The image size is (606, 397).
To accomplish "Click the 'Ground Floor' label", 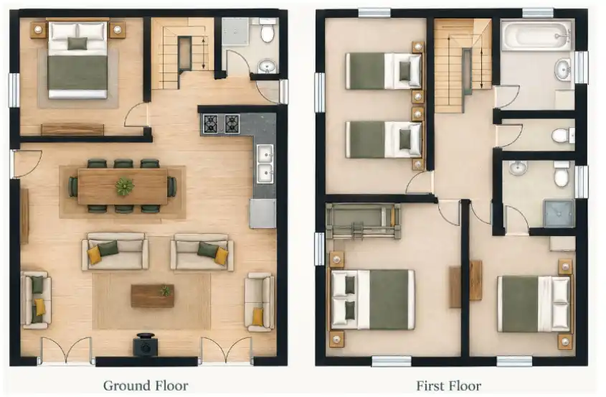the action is [146, 386].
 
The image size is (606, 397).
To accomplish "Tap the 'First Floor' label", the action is [449, 386].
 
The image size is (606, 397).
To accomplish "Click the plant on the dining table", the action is [125, 187].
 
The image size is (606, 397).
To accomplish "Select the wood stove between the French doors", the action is [146, 345].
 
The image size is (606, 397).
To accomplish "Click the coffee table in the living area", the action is [152, 296].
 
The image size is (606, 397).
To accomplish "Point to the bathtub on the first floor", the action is [536, 36].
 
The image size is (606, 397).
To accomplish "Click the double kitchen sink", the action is [265, 164].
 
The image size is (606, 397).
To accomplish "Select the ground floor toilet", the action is [268, 30].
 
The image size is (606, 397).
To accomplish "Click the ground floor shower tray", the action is [235, 32].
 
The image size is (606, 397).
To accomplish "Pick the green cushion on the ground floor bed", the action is [77, 43].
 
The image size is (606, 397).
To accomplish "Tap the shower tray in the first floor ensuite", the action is [559, 213].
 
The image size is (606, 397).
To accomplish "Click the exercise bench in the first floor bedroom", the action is [363, 221].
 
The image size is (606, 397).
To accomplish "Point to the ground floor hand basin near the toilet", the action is [267, 67].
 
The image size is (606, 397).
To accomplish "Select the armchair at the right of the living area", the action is [260, 302].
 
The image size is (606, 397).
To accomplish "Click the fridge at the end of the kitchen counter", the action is [262, 214].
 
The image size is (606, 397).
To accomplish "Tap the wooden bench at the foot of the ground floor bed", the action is [72, 130].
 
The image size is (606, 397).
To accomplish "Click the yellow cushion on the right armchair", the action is [257, 316].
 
